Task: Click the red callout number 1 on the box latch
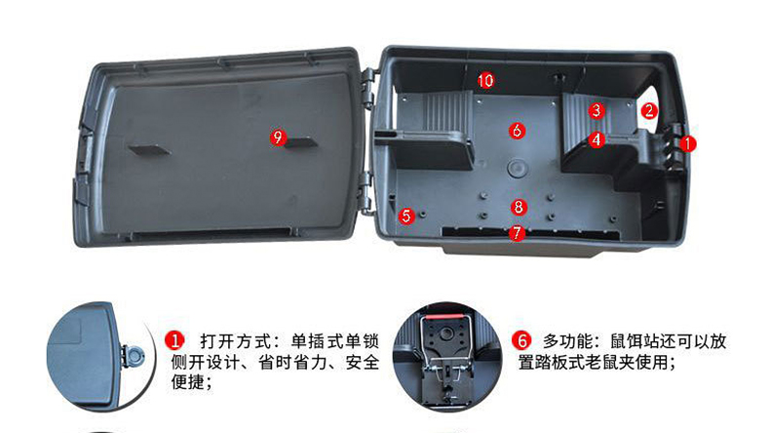(688, 143)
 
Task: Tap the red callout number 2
(649, 110)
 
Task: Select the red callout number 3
(597, 110)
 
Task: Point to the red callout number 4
(597, 139)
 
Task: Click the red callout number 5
(406, 216)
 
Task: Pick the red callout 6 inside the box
(517, 131)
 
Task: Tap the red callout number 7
(517, 232)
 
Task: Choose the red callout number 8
(519, 207)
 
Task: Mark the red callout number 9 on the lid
(278, 138)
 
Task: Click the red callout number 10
(485, 80)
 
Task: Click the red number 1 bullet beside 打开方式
(174, 340)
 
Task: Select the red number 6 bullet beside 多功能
(521, 340)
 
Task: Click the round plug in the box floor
(517, 168)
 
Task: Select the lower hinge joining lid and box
(367, 192)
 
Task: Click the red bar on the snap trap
(443, 317)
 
